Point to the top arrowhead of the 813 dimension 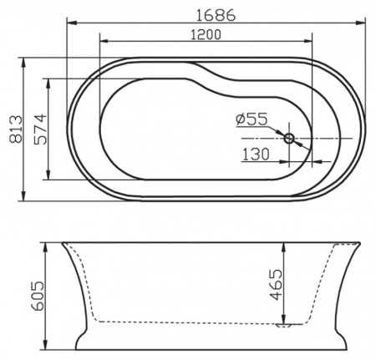(25, 60)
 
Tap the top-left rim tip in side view (62, 242)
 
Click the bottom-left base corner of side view (76, 350)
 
